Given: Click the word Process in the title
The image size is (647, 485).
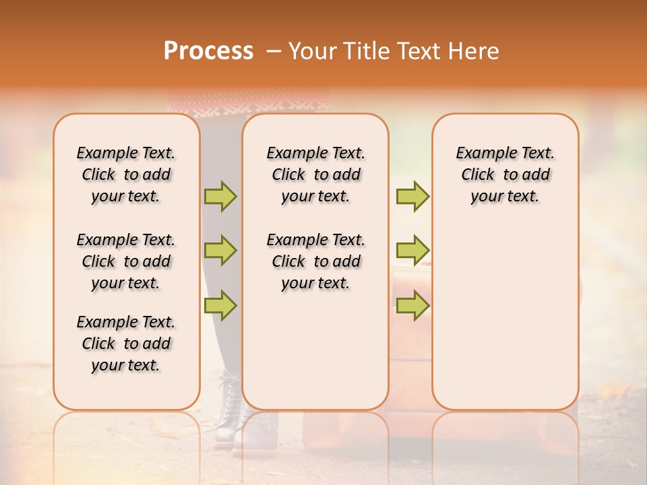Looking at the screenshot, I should click(208, 51).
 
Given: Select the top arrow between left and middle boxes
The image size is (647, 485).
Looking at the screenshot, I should click(220, 196).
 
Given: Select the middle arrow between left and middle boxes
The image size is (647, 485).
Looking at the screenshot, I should click(220, 251).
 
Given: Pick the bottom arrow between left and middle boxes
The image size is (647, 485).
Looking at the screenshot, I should click(220, 305).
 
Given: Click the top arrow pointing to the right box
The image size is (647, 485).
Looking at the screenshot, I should click(412, 196).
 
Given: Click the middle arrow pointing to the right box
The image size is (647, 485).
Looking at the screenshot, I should click(412, 251).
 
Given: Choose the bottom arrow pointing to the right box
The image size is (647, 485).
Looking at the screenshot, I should click(412, 305).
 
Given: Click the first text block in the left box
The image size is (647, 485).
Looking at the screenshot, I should click(126, 174).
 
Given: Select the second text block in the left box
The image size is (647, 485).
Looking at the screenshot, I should click(126, 261).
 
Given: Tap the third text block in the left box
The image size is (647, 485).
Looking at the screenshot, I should click(126, 344).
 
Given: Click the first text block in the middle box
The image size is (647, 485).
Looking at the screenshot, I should click(315, 174).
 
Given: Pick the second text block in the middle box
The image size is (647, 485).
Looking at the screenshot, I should click(315, 261).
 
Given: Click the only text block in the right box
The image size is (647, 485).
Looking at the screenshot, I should click(505, 174).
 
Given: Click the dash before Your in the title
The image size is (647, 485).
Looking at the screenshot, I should click(274, 51).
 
